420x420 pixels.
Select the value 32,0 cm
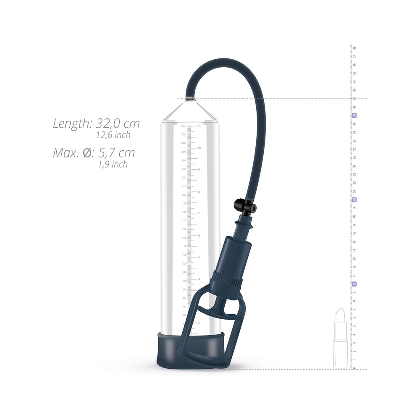tap(118, 123)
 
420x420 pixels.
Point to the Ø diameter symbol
tap(87, 153)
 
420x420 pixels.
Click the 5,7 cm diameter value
tap(116, 153)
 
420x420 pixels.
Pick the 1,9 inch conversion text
tap(113, 165)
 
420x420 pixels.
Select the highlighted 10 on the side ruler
tap(354, 284)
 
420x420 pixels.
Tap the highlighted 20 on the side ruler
tap(354, 199)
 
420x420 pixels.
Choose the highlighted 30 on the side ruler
tap(354, 115)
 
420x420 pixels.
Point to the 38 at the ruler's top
tap(354, 48)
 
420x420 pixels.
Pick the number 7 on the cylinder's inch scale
tap(199, 213)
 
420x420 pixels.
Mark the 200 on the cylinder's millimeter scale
tap(184, 194)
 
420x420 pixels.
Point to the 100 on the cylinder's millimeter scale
tap(184, 281)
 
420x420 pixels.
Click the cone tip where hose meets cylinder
tap(190, 100)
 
